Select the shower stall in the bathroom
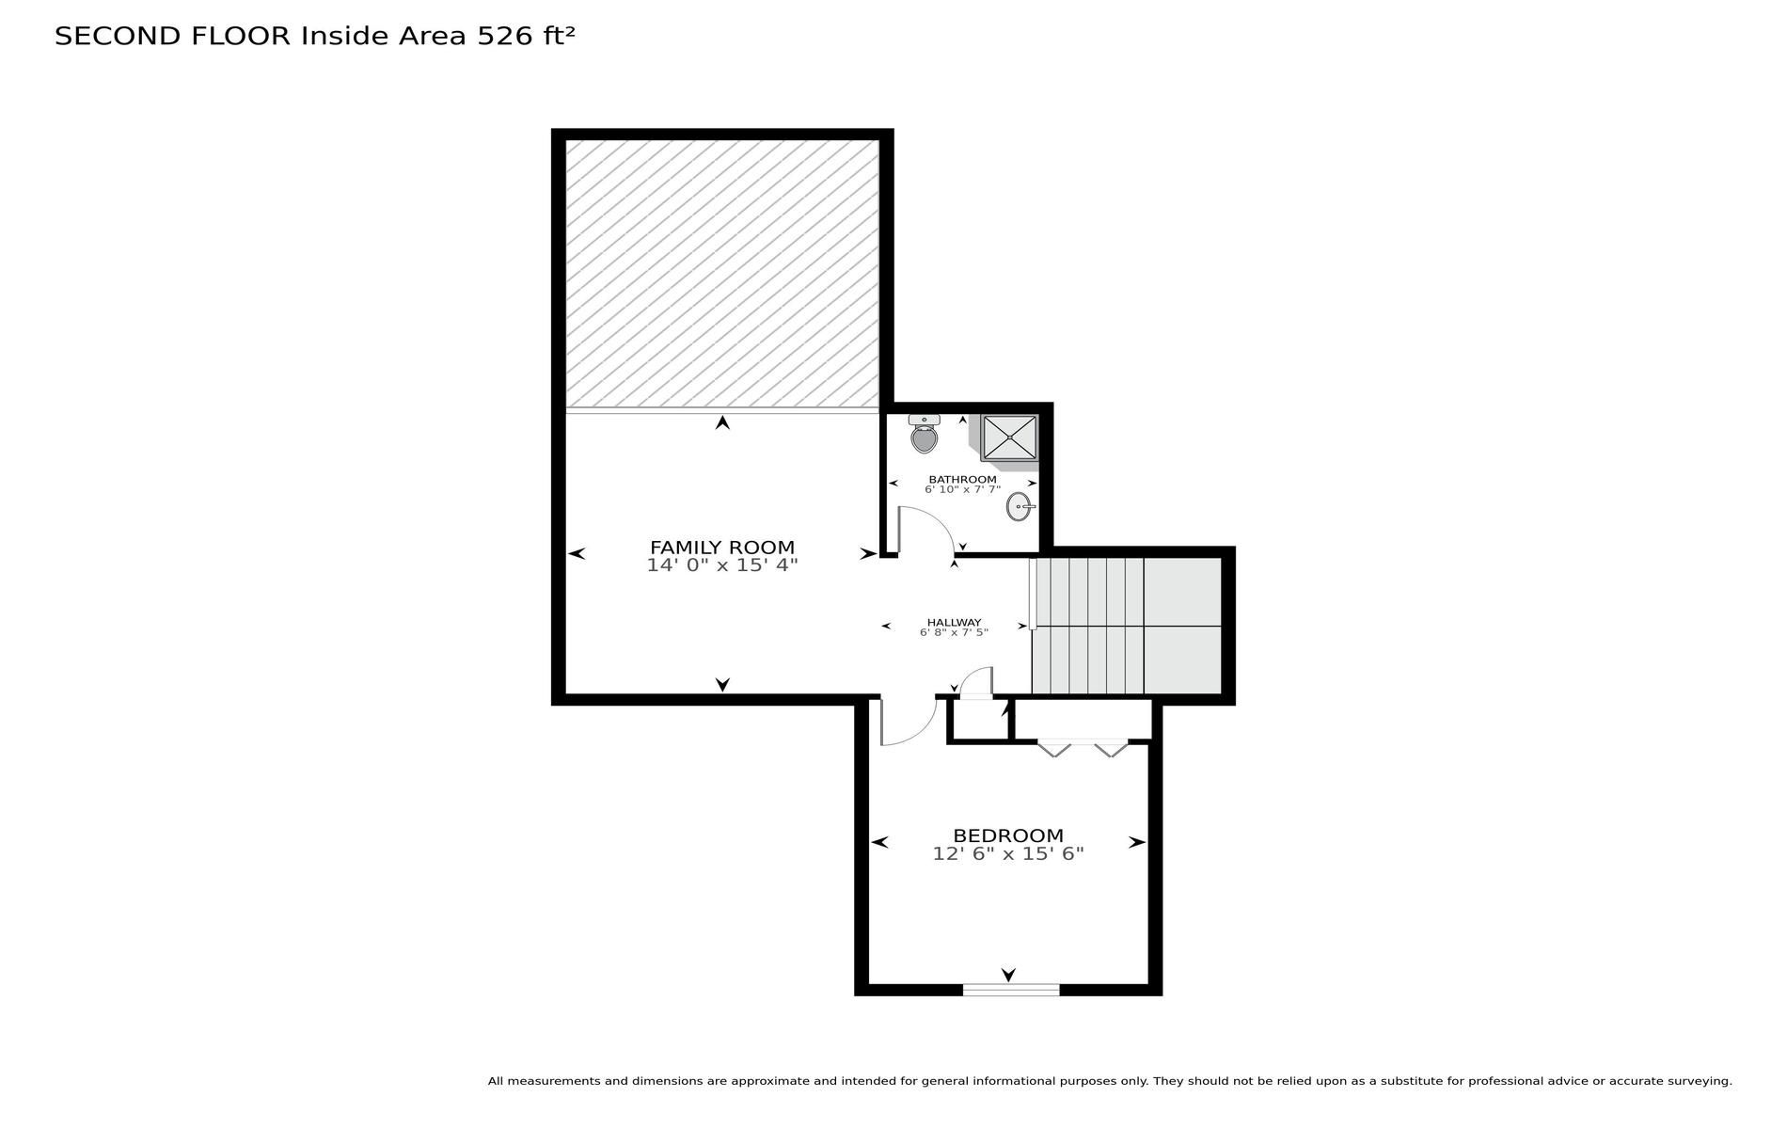1009,437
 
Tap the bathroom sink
1020,506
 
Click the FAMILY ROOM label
722,548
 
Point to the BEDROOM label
1008,835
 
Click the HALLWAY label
954,622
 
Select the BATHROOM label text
962,479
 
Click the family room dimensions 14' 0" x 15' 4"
722,565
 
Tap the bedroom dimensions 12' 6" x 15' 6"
1008,854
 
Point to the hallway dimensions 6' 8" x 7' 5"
954,632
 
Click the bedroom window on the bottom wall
1011,989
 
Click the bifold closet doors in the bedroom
1083,748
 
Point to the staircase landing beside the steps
1182,626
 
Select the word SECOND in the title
118,36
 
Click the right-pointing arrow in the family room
868,554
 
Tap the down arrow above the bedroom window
1009,975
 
